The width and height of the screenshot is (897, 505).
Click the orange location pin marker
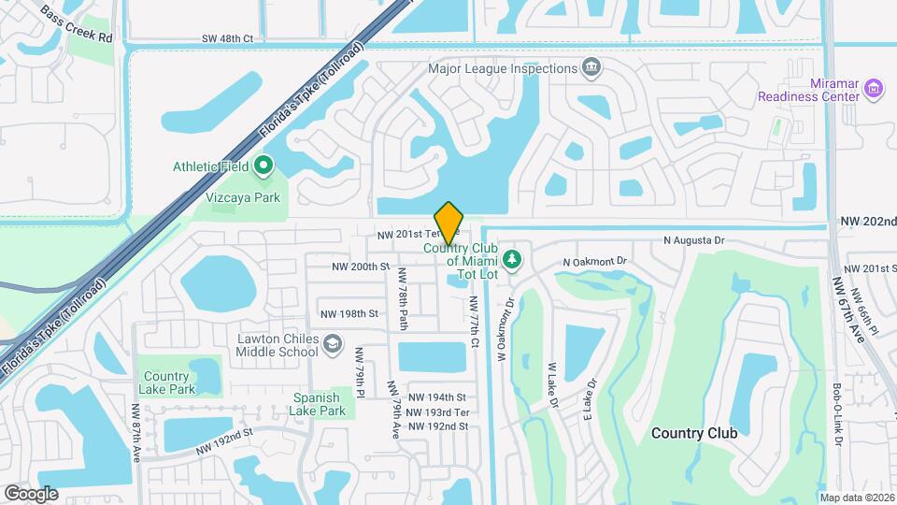(448, 223)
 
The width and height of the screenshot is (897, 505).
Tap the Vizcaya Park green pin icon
(263, 166)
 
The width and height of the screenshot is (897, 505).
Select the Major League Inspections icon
(591, 67)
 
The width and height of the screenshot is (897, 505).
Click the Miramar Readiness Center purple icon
(875, 89)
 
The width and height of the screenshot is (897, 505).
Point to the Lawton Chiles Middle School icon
(331, 345)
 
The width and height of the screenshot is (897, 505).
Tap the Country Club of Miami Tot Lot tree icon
(511, 257)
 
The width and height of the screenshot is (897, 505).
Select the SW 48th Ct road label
(228, 38)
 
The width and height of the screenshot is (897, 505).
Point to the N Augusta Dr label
(693, 240)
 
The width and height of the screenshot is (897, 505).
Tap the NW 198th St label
(348, 314)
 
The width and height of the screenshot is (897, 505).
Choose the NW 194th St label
(436, 398)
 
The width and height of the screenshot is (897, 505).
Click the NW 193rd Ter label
(438, 412)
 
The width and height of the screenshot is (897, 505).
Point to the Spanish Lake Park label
(320, 403)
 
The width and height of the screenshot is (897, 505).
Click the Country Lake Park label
(167, 382)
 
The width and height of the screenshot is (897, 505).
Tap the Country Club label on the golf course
(693, 433)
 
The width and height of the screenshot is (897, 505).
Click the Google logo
(31, 493)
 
